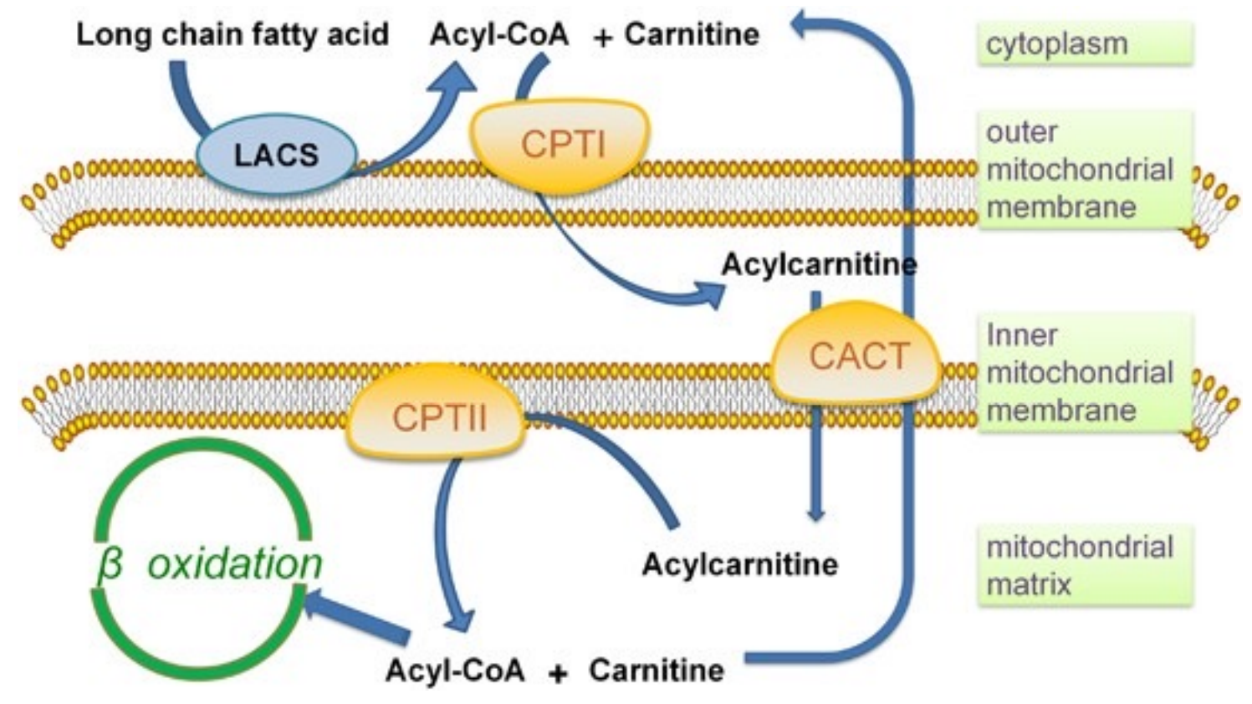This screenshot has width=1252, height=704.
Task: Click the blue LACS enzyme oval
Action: pyautogui.click(x=276, y=155)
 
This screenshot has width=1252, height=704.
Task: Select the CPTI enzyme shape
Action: pyautogui.click(x=562, y=145)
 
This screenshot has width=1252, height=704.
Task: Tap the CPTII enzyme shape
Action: pyautogui.click(x=437, y=416)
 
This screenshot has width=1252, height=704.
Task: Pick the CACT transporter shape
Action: pyautogui.click(x=857, y=356)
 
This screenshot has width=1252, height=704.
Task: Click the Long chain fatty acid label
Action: pyautogui.click(x=233, y=35)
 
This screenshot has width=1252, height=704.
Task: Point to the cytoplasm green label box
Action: pyautogui.click(x=1084, y=44)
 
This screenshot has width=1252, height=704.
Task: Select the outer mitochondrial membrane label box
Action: pyautogui.click(x=1084, y=169)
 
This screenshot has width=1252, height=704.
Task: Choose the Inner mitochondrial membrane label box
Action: pyautogui.click(x=1084, y=372)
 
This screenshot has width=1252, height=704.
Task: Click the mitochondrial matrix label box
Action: pyautogui.click(x=1084, y=565)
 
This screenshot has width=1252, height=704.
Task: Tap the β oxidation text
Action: pyautogui.click(x=210, y=564)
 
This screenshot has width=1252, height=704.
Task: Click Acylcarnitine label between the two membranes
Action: pyautogui.click(x=818, y=264)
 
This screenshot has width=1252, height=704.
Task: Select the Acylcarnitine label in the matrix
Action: pyautogui.click(x=739, y=564)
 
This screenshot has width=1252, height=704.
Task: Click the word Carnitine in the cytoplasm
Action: pyautogui.click(x=692, y=34)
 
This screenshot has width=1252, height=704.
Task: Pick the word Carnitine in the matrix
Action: pyautogui.click(x=656, y=670)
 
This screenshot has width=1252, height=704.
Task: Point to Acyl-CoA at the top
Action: pyautogui.click(x=499, y=34)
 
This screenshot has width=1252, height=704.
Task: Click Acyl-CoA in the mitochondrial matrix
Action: pyautogui.click(x=455, y=670)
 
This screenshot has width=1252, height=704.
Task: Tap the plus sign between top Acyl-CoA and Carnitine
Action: pyautogui.click(x=602, y=38)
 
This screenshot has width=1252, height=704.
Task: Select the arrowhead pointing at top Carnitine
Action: pyautogui.click(x=805, y=25)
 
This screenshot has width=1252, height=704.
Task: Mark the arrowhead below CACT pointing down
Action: pyautogui.click(x=816, y=514)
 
